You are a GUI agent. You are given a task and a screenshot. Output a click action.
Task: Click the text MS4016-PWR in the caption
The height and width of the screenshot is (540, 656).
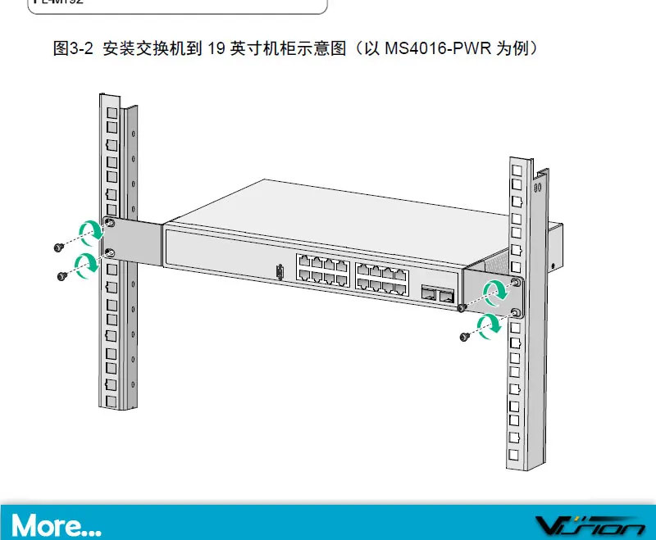(x=439, y=48)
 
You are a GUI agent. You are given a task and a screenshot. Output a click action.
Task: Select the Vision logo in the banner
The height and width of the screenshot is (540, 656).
(x=590, y=524)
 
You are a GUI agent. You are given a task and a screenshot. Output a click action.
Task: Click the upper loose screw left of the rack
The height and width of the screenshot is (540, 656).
(x=58, y=247)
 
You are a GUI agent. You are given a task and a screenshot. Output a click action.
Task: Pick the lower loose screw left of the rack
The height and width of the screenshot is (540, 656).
(x=62, y=276)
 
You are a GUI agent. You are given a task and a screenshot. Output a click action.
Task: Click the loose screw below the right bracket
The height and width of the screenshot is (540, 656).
(x=466, y=336)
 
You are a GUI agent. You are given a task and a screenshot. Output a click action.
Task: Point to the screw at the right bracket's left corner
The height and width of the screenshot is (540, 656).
(x=462, y=308)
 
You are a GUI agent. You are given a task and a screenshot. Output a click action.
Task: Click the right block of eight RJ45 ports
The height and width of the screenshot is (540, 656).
(x=381, y=279)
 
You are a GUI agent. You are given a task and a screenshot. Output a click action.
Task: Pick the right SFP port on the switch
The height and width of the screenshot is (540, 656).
(x=446, y=295)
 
